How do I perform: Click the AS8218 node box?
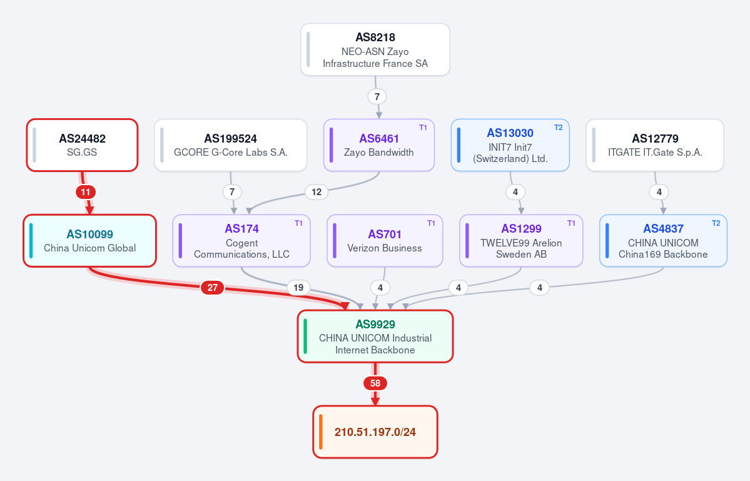coord(375,49)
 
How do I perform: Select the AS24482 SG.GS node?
coord(83,145)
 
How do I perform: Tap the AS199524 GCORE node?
coord(231,145)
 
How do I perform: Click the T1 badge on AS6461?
coord(423,127)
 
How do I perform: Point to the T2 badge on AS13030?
coord(558,127)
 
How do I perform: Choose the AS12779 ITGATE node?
coord(655,145)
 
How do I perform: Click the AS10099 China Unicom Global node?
coord(90,240)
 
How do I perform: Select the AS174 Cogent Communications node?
coord(241,240)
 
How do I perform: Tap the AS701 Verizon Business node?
coord(385,240)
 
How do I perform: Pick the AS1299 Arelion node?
coord(521,240)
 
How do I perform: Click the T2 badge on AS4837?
coord(716,223)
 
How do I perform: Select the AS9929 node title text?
coord(375,324)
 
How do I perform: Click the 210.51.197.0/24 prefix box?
coord(375,432)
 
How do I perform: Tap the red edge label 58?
coord(375,383)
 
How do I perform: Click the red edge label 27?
coord(213,287)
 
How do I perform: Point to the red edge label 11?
coord(86,192)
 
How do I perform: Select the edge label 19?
coord(298,287)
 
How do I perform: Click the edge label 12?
coord(317,192)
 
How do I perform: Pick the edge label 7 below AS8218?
coord(377,96)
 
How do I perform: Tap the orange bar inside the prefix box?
coord(320,432)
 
